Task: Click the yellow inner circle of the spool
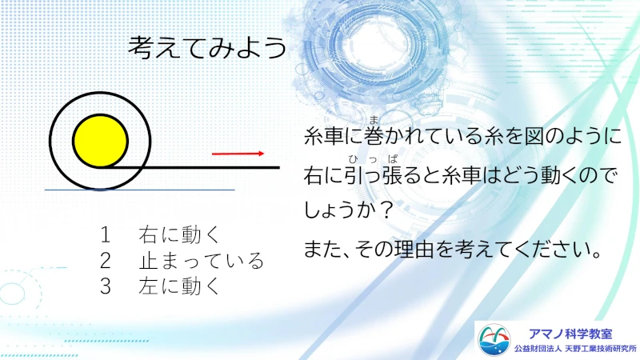(101, 141)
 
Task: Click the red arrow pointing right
(238, 154)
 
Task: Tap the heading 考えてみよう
(207, 47)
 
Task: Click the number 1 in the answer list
(106, 235)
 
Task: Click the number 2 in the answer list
(106, 261)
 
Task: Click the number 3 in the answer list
(106, 286)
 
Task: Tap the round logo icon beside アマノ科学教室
(494, 340)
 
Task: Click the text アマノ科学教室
(570, 334)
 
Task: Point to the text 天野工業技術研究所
(601, 349)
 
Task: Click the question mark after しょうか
(386, 210)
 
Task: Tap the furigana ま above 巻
(374, 120)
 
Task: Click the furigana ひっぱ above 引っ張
(373, 159)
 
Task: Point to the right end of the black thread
(279, 167)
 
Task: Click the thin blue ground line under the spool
(139, 190)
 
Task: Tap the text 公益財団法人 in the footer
(537, 349)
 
